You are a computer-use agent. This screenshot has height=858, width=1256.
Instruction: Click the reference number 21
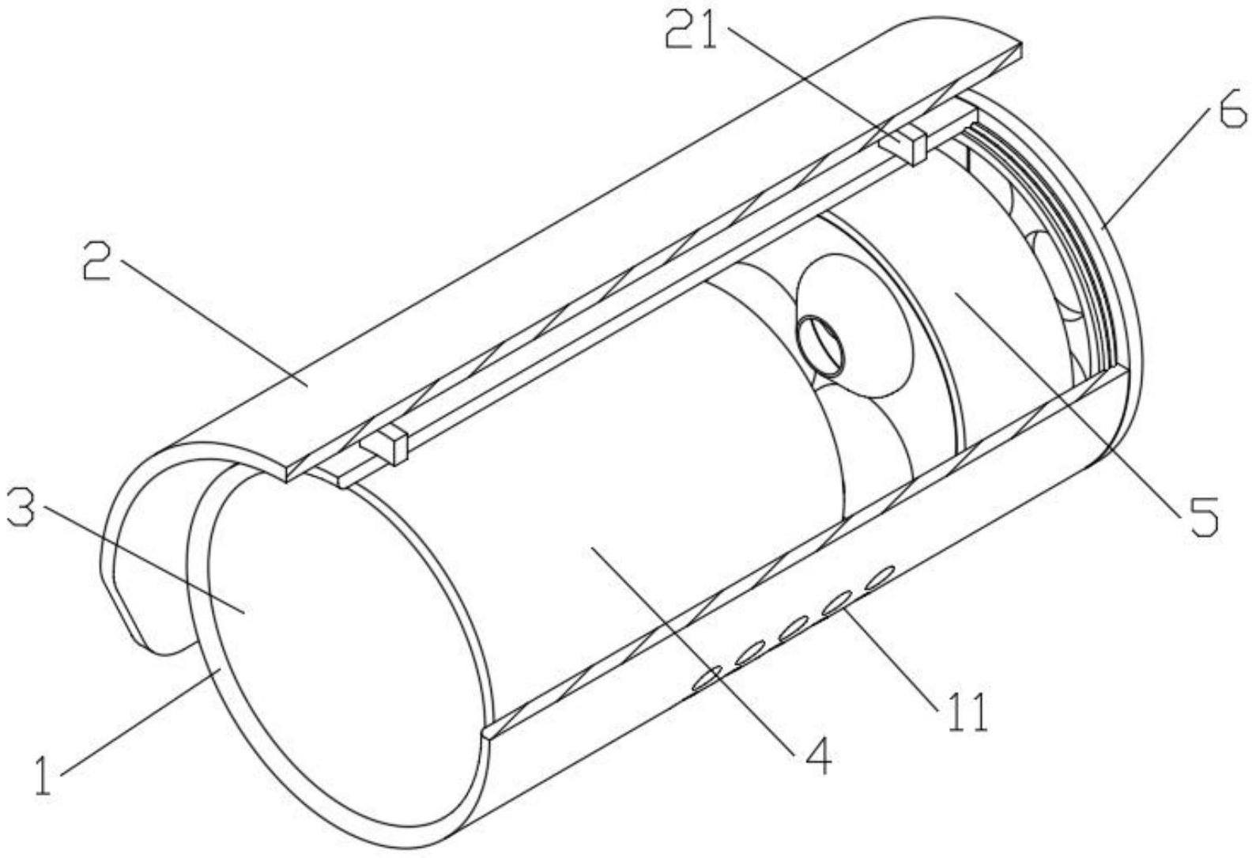[692, 30]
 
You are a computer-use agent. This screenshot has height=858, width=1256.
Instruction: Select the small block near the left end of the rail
[387, 445]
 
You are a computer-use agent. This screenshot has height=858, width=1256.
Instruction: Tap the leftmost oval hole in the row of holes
[707, 677]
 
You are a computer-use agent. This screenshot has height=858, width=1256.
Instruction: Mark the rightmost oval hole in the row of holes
[879, 577]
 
